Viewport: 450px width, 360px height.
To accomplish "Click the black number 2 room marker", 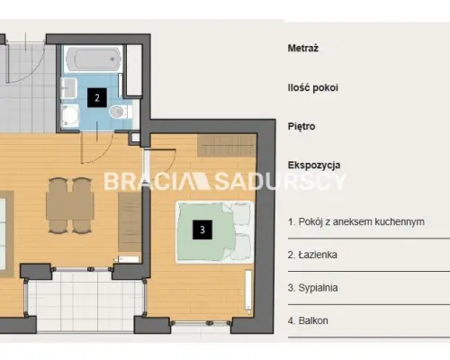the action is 97,97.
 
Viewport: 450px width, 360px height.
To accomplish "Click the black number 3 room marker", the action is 202,229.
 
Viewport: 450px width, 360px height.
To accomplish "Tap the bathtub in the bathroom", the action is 94,59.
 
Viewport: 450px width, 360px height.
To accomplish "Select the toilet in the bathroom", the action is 121,112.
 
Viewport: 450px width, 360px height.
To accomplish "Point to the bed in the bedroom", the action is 215,232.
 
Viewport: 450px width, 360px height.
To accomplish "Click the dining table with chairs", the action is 70,205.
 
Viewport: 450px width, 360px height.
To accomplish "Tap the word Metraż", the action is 303,48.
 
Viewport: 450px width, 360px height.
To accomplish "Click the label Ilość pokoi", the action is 313,87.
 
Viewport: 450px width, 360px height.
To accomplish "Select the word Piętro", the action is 301,126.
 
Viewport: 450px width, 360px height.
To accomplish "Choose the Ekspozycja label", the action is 314,165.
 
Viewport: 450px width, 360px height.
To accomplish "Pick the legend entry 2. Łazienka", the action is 312,255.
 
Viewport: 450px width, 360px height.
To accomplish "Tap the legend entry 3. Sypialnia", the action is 312,288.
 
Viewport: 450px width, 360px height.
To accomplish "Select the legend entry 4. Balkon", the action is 308,320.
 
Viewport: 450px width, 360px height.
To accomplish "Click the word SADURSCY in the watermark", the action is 280,181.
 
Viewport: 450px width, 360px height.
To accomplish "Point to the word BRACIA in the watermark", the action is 146,181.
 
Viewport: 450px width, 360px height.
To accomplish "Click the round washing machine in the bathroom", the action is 70,115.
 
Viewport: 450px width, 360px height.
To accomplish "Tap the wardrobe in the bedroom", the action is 227,145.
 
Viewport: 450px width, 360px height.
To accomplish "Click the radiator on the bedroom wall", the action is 248,291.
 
